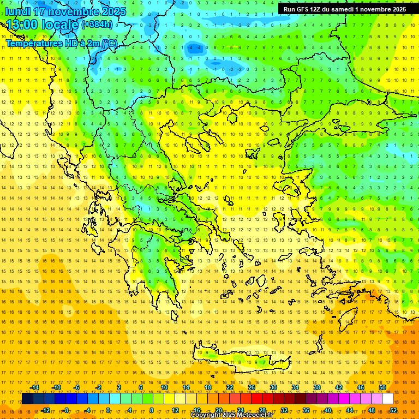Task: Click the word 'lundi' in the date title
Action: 17,11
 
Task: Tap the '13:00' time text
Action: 22,25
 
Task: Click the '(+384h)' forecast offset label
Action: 97,24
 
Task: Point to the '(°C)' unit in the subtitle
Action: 109,43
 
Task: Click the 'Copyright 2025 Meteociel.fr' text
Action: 231,415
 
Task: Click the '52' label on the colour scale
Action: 393,410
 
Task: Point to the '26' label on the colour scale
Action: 252,387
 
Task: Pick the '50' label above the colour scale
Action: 382,387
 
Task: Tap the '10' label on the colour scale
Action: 164,387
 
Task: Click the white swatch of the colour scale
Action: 387,399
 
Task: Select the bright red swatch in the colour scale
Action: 256,399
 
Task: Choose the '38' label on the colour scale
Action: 317,387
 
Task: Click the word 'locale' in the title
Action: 59,25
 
